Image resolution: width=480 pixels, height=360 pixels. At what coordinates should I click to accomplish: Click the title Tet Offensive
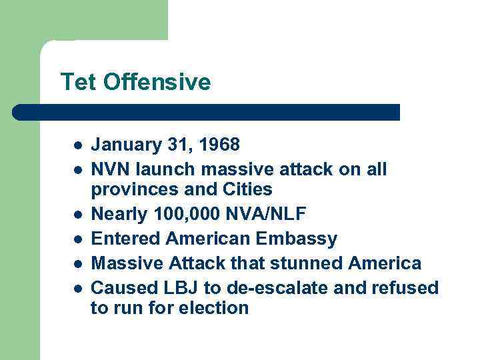pyautogui.click(x=135, y=82)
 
